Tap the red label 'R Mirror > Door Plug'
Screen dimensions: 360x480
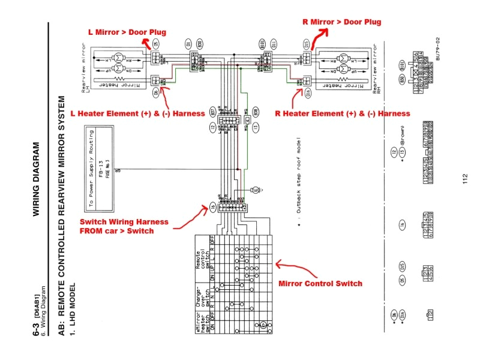coord(341,22)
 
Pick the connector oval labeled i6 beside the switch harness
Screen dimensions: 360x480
coord(212,208)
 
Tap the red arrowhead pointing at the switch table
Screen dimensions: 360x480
coord(277,263)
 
